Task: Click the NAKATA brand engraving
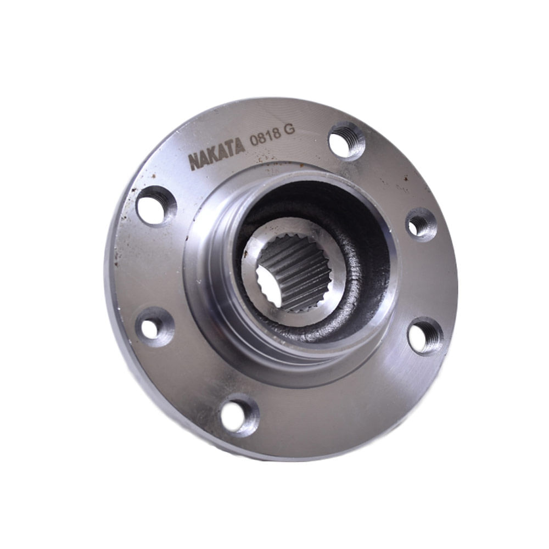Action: [x=216, y=154]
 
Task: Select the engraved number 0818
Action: [x=265, y=137]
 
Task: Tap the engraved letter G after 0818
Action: [x=289, y=130]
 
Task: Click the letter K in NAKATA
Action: [x=214, y=156]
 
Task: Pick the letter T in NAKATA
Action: [x=231, y=149]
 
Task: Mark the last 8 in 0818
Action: [x=276, y=133]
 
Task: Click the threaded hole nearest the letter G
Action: [x=346, y=142]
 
